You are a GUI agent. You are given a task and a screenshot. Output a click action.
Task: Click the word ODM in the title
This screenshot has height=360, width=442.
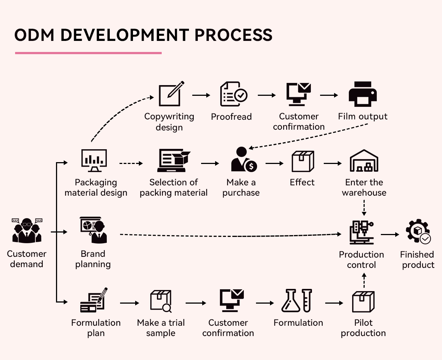(35, 35)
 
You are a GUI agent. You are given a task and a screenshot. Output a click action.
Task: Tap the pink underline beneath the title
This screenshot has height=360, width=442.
(88, 53)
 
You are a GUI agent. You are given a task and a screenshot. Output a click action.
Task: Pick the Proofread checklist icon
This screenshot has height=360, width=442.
(234, 94)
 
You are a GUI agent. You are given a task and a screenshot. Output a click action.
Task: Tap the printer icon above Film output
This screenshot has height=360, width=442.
(363, 94)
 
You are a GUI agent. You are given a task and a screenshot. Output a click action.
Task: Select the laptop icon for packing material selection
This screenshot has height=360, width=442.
(173, 161)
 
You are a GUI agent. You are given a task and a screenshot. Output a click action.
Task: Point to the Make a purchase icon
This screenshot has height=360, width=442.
(243, 160)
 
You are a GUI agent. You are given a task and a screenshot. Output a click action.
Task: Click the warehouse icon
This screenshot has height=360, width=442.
(364, 161)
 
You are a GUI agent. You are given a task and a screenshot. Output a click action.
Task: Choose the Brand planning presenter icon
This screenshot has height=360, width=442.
(94, 231)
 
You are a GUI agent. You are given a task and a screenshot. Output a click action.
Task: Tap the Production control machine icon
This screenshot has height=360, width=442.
(361, 233)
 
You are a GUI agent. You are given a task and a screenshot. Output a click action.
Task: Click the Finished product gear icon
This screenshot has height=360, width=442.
(418, 232)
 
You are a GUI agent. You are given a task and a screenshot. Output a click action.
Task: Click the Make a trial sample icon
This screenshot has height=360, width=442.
(161, 301)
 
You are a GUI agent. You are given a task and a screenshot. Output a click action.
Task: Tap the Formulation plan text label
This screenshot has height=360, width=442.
(96, 328)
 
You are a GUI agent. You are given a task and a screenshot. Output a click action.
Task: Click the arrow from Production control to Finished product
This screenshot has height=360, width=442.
(390, 234)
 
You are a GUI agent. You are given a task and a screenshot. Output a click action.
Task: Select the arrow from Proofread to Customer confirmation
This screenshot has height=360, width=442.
(267, 95)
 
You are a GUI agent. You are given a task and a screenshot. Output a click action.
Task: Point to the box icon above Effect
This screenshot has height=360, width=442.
(302, 161)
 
